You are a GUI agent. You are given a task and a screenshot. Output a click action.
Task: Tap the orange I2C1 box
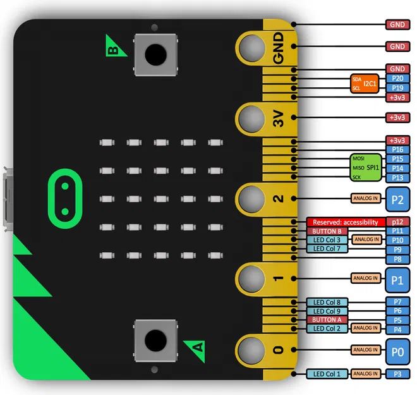tap(365, 83)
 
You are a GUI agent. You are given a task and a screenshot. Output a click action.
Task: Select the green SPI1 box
tap(367, 167)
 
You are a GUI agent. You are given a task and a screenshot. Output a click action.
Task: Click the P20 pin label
tap(397, 78)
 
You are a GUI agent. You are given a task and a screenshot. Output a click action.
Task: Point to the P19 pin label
tap(397, 88)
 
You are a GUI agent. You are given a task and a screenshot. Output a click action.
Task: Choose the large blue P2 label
tap(397, 199)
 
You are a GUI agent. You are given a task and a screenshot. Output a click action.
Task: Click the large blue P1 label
tap(397, 278)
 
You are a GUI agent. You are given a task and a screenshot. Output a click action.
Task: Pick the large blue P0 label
tap(397, 349)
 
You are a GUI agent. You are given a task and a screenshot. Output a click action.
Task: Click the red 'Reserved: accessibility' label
tap(346, 222)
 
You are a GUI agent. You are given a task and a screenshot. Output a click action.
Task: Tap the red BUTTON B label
tap(327, 231)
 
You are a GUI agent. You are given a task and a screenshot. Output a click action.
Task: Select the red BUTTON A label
tap(327, 320)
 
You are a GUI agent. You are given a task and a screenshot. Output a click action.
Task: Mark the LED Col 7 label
tap(327, 249)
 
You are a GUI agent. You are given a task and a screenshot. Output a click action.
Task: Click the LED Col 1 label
tap(327, 374)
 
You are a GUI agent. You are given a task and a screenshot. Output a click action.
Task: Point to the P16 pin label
tap(397, 150)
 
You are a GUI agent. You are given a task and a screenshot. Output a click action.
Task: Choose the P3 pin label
tap(397, 374)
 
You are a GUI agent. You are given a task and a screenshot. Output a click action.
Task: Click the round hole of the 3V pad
tap(251, 118)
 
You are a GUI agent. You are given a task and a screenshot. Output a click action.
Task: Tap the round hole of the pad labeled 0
tap(251, 349)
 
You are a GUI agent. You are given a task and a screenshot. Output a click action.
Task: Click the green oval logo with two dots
tap(64, 198)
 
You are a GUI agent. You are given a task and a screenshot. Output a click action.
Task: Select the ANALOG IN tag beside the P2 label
tap(366, 199)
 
